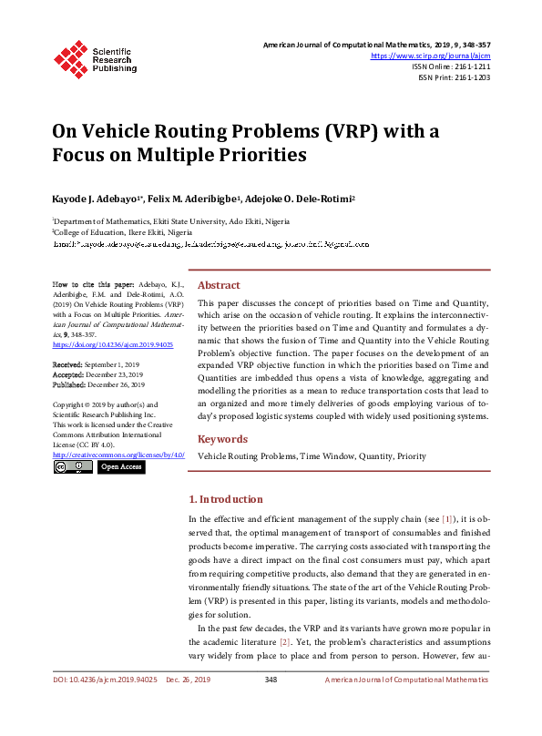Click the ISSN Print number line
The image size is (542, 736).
click(x=454, y=77)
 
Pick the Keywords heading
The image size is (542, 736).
click(x=222, y=439)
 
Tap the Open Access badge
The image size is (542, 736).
click(x=121, y=466)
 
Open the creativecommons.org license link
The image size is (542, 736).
click(x=118, y=454)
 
